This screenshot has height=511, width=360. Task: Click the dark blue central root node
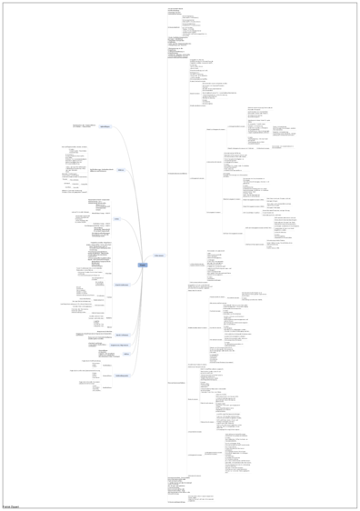(142, 265)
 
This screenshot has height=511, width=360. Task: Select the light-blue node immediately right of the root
(159, 255)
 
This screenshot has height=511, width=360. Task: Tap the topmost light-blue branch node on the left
(105, 126)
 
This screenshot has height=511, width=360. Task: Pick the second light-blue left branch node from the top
(120, 170)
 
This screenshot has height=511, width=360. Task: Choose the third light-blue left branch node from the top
(116, 219)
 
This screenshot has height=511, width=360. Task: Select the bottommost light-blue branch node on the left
(120, 376)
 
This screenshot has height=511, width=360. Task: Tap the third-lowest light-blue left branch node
(120, 346)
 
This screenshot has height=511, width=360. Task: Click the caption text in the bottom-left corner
(11, 506)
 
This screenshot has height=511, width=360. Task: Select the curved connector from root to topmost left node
(127, 182)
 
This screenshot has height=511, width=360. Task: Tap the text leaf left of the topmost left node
(84, 125)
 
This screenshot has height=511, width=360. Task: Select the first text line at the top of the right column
(175, 7)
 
